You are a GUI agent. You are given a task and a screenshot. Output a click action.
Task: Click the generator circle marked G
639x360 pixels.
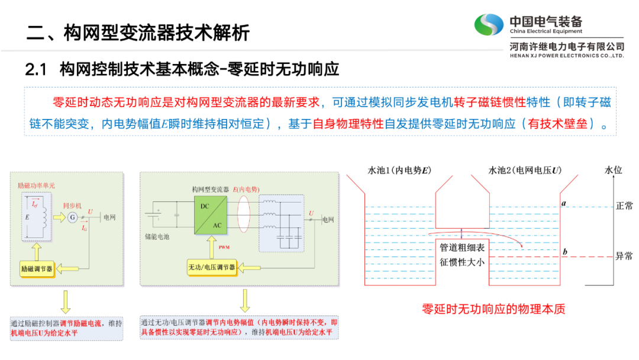[x=72, y=218]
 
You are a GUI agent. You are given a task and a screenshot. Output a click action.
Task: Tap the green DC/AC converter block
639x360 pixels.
[x=210, y=215]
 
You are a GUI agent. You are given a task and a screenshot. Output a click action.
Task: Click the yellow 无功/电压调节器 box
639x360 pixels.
[x=212, y=268]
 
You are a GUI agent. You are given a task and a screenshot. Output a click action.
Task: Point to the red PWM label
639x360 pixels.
[x=224, y=246]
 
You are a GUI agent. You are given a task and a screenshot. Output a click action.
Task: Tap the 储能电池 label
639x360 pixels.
[x=156, y=237]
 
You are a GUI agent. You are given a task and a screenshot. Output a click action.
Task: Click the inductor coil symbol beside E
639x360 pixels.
[x=43, y=217]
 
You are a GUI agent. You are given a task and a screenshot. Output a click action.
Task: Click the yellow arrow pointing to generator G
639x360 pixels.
[x=59, y=218]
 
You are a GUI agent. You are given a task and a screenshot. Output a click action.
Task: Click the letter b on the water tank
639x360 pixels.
[x=565, y=253]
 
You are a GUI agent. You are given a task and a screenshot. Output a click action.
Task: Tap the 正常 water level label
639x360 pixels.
[x=624, y=206]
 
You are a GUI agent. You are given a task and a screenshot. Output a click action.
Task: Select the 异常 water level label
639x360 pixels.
[x=624, y=256]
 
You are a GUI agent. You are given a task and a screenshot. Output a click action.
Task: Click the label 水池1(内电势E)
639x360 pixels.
[x=399, y=171]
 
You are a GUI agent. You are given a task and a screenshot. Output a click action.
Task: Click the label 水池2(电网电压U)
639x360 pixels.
[x=525, y=171]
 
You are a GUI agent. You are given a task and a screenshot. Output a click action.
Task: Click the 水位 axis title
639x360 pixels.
[x=614, y=171]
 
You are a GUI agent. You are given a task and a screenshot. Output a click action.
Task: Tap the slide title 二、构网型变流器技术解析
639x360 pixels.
[x=138, y=33]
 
